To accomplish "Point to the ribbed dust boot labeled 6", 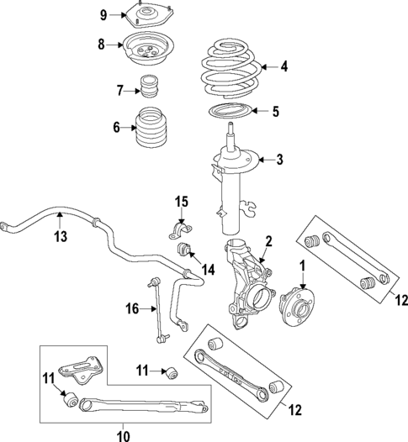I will tap(157, 129).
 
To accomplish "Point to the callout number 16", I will tap(131, 309).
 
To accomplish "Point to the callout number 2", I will tap(268, 243).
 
